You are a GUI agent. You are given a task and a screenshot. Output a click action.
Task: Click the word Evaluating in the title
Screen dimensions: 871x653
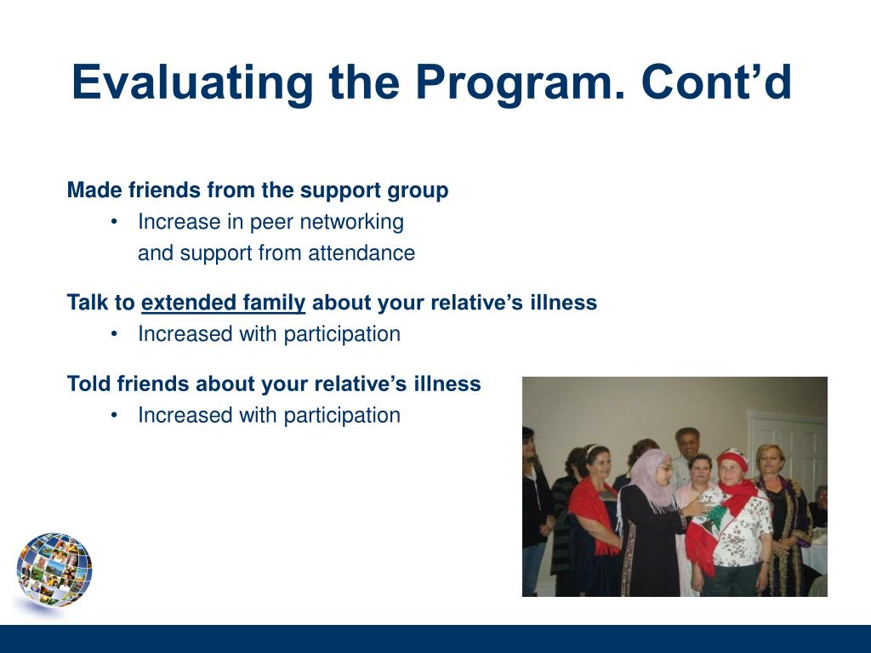tap(192, 82)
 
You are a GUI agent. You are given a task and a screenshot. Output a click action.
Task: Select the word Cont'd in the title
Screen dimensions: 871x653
tap(716, 82)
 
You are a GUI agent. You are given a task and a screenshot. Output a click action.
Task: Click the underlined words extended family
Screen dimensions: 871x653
tap(224, 303)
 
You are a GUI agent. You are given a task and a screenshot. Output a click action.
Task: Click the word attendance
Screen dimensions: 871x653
tap(361, 253)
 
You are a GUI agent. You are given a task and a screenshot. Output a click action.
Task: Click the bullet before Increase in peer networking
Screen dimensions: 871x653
tap(114, 222)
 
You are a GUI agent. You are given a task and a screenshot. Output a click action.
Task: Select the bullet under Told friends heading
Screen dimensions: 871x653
tap(114, 415)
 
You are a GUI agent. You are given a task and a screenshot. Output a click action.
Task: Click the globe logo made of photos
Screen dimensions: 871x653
tap(54, 570)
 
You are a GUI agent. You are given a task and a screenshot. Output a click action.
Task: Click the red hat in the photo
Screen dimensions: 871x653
tap(733, 457)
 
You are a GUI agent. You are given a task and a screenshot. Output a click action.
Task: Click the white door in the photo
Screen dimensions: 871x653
tap(788, 450)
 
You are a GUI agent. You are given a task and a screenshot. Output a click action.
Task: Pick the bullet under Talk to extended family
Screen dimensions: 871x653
tap(114, 334)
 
